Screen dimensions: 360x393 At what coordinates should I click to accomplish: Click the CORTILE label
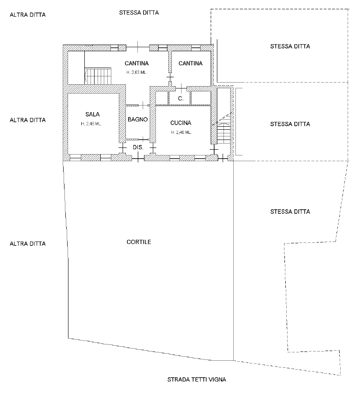[x=139, y=242]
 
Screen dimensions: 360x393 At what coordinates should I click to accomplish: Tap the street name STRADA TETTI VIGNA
[x=197, y=379]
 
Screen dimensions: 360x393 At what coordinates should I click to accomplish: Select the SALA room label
[x=92, y=114]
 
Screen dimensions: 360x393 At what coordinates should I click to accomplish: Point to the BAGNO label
[x=138, y=119]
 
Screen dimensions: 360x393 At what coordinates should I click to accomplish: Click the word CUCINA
[x=181, y=123]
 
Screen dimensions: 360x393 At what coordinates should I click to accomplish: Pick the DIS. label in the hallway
[x=138, y=147]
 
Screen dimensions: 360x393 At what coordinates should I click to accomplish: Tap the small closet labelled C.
[x=181, y=98]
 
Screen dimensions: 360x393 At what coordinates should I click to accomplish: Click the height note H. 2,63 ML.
[x=136, y=72]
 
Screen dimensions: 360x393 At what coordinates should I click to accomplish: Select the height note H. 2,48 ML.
[x=91, y=124]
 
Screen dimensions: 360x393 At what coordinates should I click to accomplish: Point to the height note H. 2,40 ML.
[x=181, y=132]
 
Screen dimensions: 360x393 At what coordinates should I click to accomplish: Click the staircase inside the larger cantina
[x=98, y=76]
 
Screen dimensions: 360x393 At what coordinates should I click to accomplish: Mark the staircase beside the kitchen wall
[x=224, y=128]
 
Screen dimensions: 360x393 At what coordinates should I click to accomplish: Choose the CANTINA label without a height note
[x=190, y=64]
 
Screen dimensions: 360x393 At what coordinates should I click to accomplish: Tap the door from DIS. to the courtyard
[x=138, y=159]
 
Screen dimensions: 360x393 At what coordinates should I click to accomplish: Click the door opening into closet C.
[x=181, y=88]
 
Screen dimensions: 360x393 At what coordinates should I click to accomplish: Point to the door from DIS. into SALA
[x=122, y=148]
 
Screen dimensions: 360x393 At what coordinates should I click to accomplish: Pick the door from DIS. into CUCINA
[x=153, y=148]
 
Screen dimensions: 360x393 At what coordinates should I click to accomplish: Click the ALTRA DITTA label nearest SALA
[x=27, y=120]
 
